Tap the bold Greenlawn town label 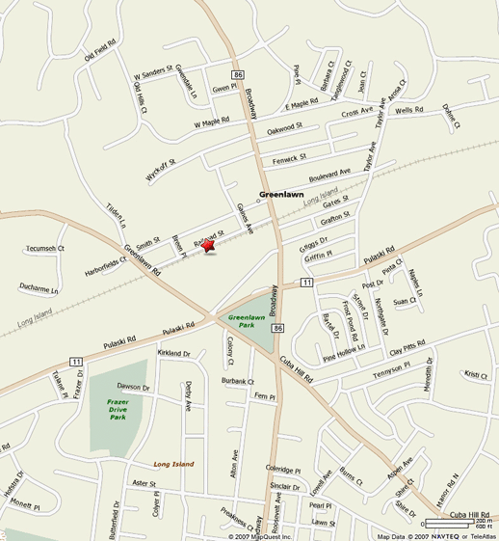point(281,194)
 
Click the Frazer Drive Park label point(118,410)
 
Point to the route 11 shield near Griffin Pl point(305,282)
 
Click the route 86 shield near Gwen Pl point(238,74)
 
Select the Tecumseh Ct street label point(43,247)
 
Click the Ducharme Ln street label point(39,288)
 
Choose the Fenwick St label point(289,156)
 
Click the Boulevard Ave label point(329,174)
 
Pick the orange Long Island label point(173,464)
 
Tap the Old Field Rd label point(101,49)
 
